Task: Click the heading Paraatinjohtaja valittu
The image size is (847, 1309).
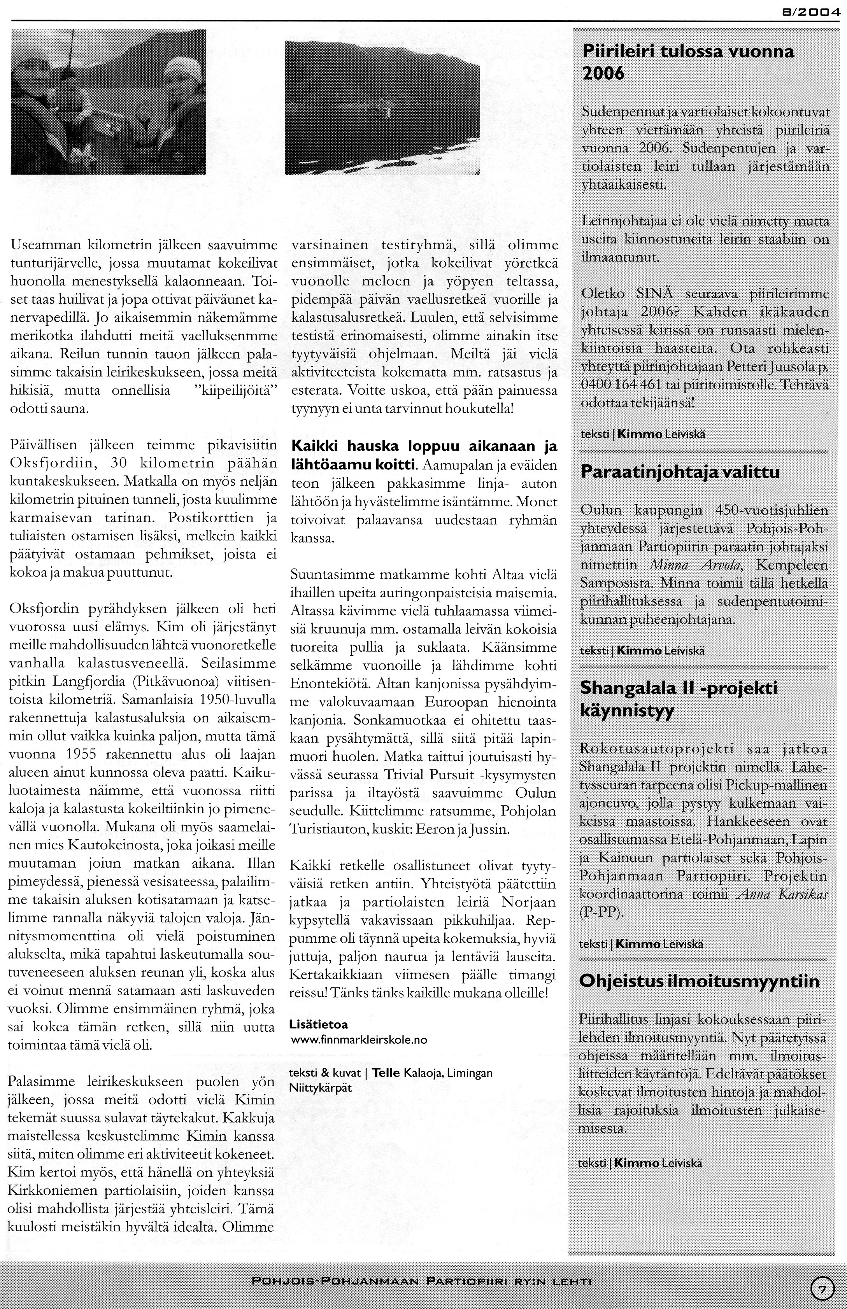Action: [x=680, y=472]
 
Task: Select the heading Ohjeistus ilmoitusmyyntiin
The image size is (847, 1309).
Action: [x=700, y=981]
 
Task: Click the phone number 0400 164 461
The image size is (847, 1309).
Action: [x=616, y=385]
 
